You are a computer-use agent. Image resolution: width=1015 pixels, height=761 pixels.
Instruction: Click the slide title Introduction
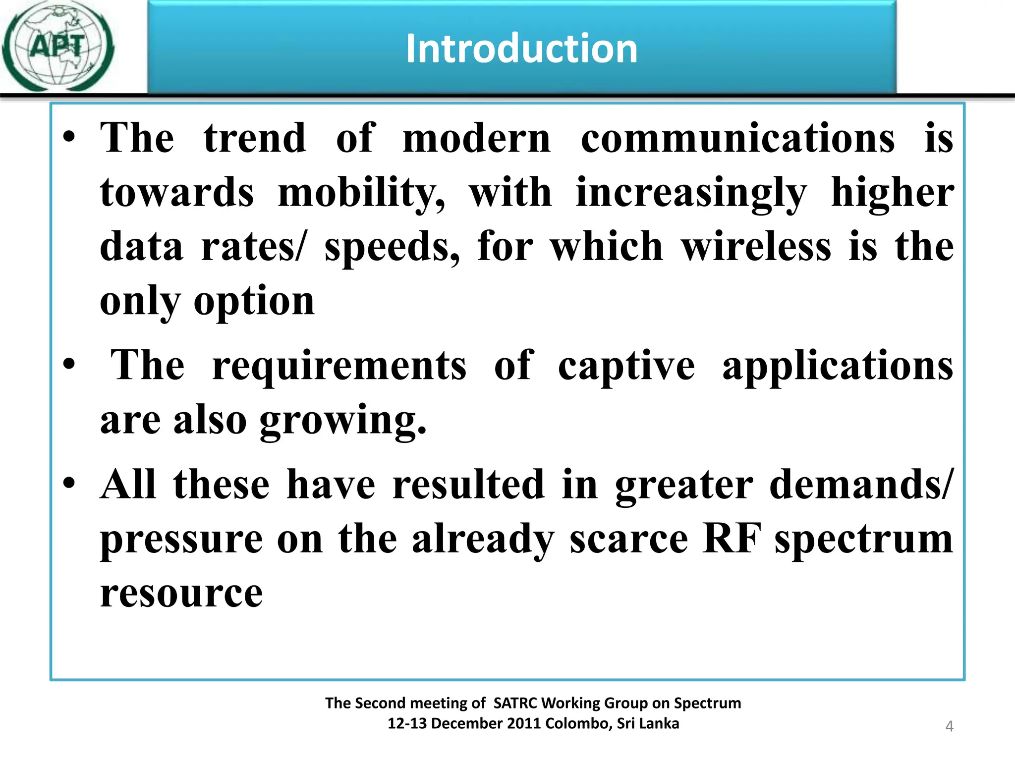[521, 49]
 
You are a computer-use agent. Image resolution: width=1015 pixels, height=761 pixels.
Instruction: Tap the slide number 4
[949, 726]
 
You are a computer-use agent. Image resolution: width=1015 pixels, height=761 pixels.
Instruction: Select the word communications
[737, 138]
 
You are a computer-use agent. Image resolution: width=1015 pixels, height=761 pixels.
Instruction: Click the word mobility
[361, 193]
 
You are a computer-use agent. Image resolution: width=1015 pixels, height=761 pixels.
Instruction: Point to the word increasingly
[691, 193]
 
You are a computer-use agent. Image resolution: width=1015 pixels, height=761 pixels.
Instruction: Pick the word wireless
[756, 247]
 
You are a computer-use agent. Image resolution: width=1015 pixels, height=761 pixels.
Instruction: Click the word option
[254, 301]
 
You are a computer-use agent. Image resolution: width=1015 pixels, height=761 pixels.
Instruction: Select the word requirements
[339, 366]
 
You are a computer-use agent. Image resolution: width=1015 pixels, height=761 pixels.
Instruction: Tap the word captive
[626, 366]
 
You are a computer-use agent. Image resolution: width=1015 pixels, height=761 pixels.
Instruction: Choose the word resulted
[468, 485]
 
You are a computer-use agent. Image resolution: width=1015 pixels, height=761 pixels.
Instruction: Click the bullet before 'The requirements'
[69, 364]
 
